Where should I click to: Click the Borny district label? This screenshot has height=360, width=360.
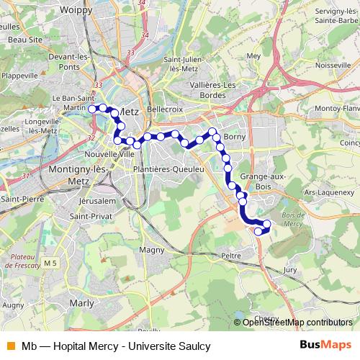[235, 136]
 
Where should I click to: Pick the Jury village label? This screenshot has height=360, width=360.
[290, 269]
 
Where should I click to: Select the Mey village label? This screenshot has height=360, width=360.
[253, 55]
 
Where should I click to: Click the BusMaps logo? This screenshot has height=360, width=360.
[321, 345]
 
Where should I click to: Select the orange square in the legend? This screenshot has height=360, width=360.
[9, 345]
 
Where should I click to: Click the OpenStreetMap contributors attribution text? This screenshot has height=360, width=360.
[297, 323]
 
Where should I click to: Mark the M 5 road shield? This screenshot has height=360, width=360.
[50, 264]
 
